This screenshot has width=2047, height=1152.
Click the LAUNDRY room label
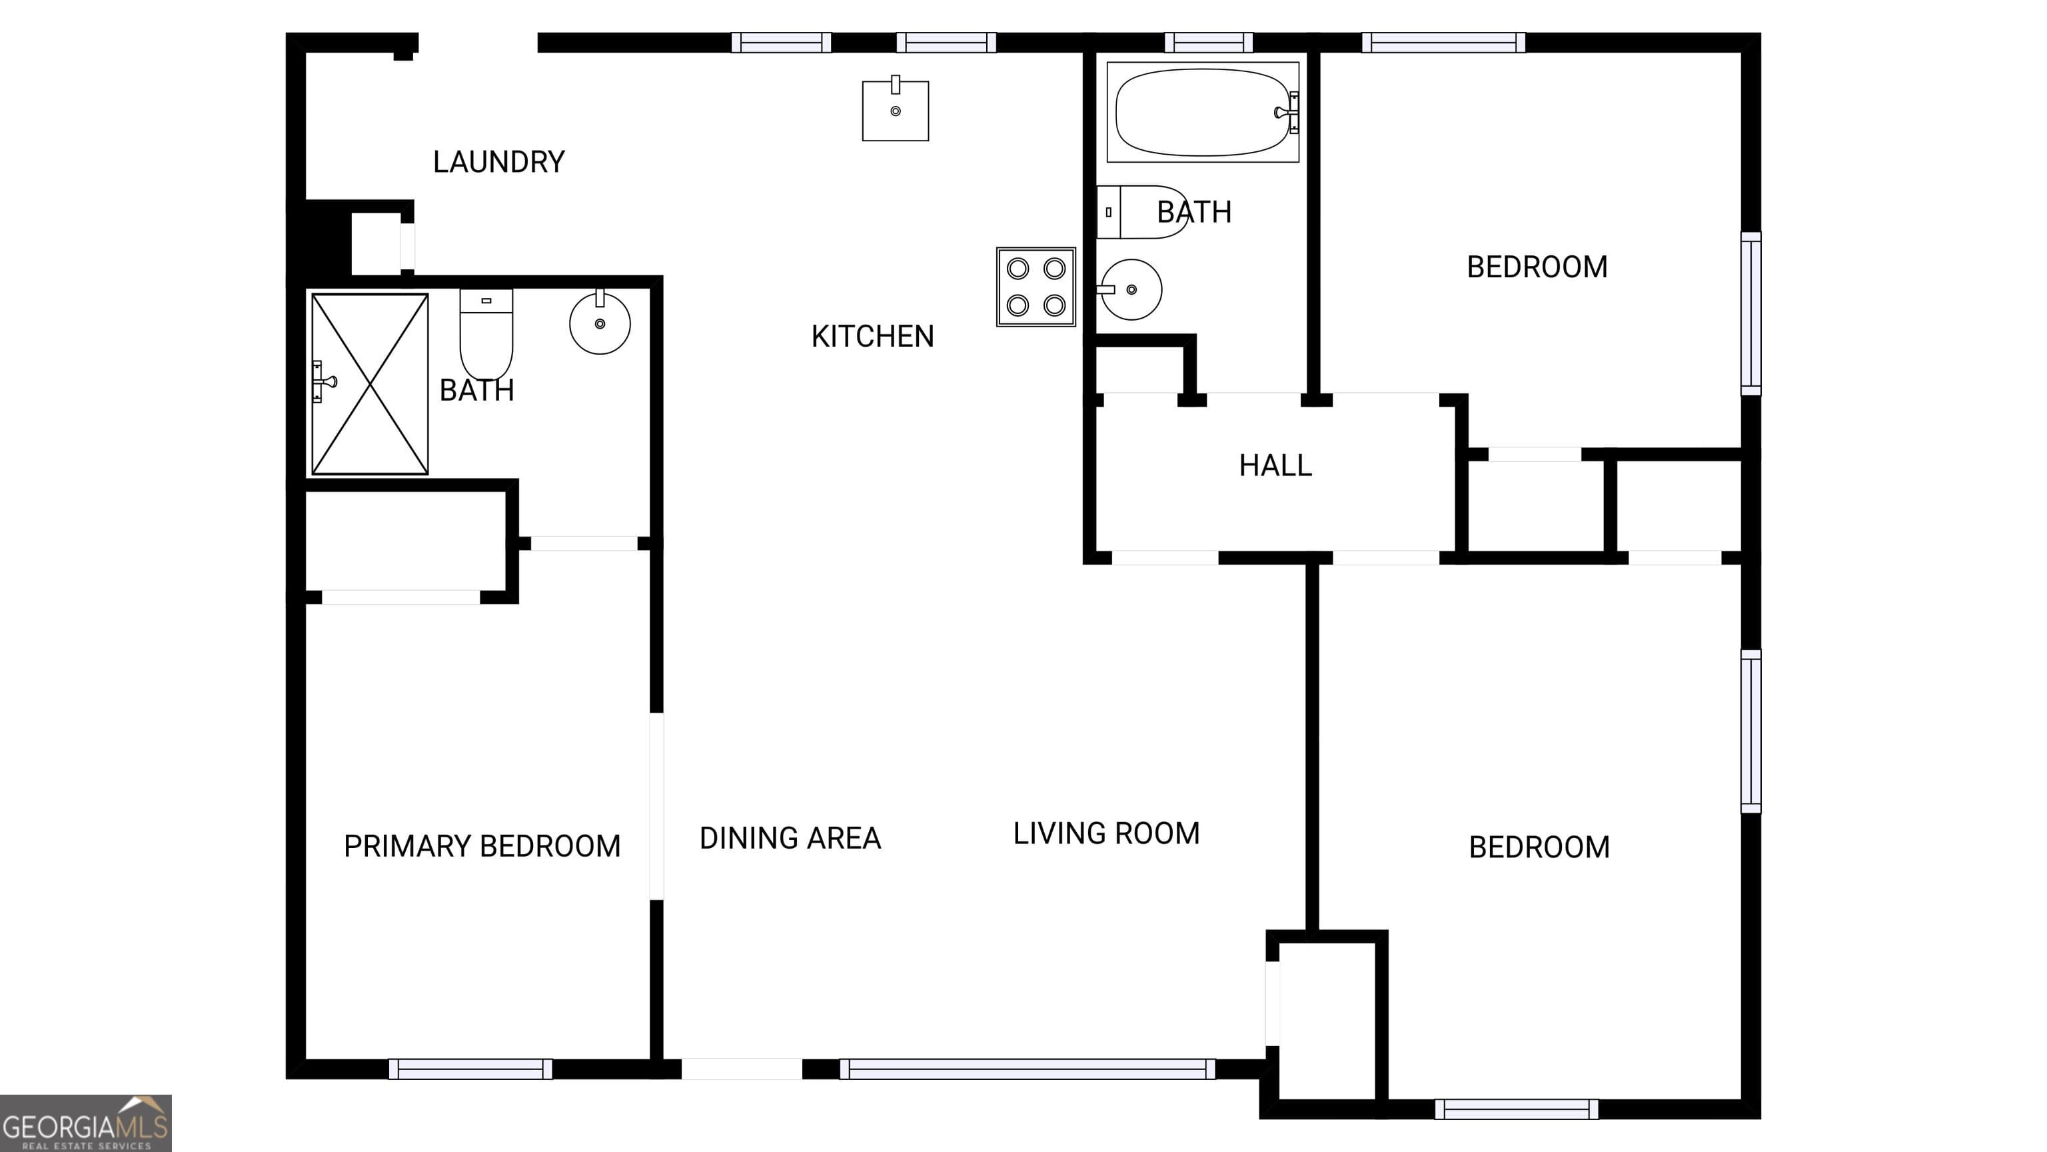pos(498,162)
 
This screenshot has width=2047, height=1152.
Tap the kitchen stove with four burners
pos(1035,287)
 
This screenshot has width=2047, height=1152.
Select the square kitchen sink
pos(895,111)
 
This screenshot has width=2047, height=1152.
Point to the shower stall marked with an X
pos(370,384)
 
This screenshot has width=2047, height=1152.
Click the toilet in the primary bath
pos(486,334)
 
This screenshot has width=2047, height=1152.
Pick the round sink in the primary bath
pos(600,323)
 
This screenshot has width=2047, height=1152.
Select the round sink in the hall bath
pos(1131,289)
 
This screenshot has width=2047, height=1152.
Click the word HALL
pos(1275,466)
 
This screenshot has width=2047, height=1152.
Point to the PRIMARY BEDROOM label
pos(482,847)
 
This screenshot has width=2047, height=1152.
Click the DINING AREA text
pos(790,839)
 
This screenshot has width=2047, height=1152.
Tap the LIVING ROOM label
pos(1105,834)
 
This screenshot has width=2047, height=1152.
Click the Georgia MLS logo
pos(85,1123)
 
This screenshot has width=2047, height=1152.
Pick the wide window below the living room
pos(1027,1069)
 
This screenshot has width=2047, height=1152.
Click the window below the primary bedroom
pos(470,1069)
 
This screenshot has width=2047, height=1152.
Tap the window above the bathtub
pos(1208,42)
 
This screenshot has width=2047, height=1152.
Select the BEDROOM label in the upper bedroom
pos(1536,267)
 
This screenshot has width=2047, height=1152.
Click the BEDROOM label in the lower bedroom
pos(1539,847)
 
